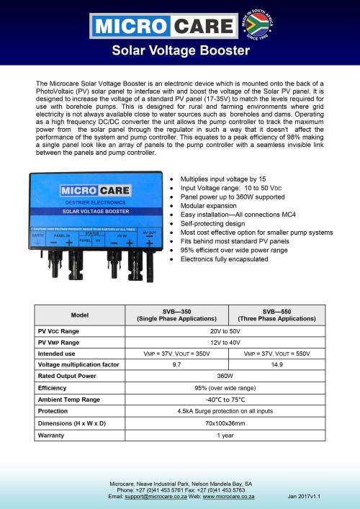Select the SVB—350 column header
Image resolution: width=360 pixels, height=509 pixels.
[179, 315]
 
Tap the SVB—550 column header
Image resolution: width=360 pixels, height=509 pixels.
[277, 315]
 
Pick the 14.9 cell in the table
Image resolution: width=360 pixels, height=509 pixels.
[277, 365]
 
